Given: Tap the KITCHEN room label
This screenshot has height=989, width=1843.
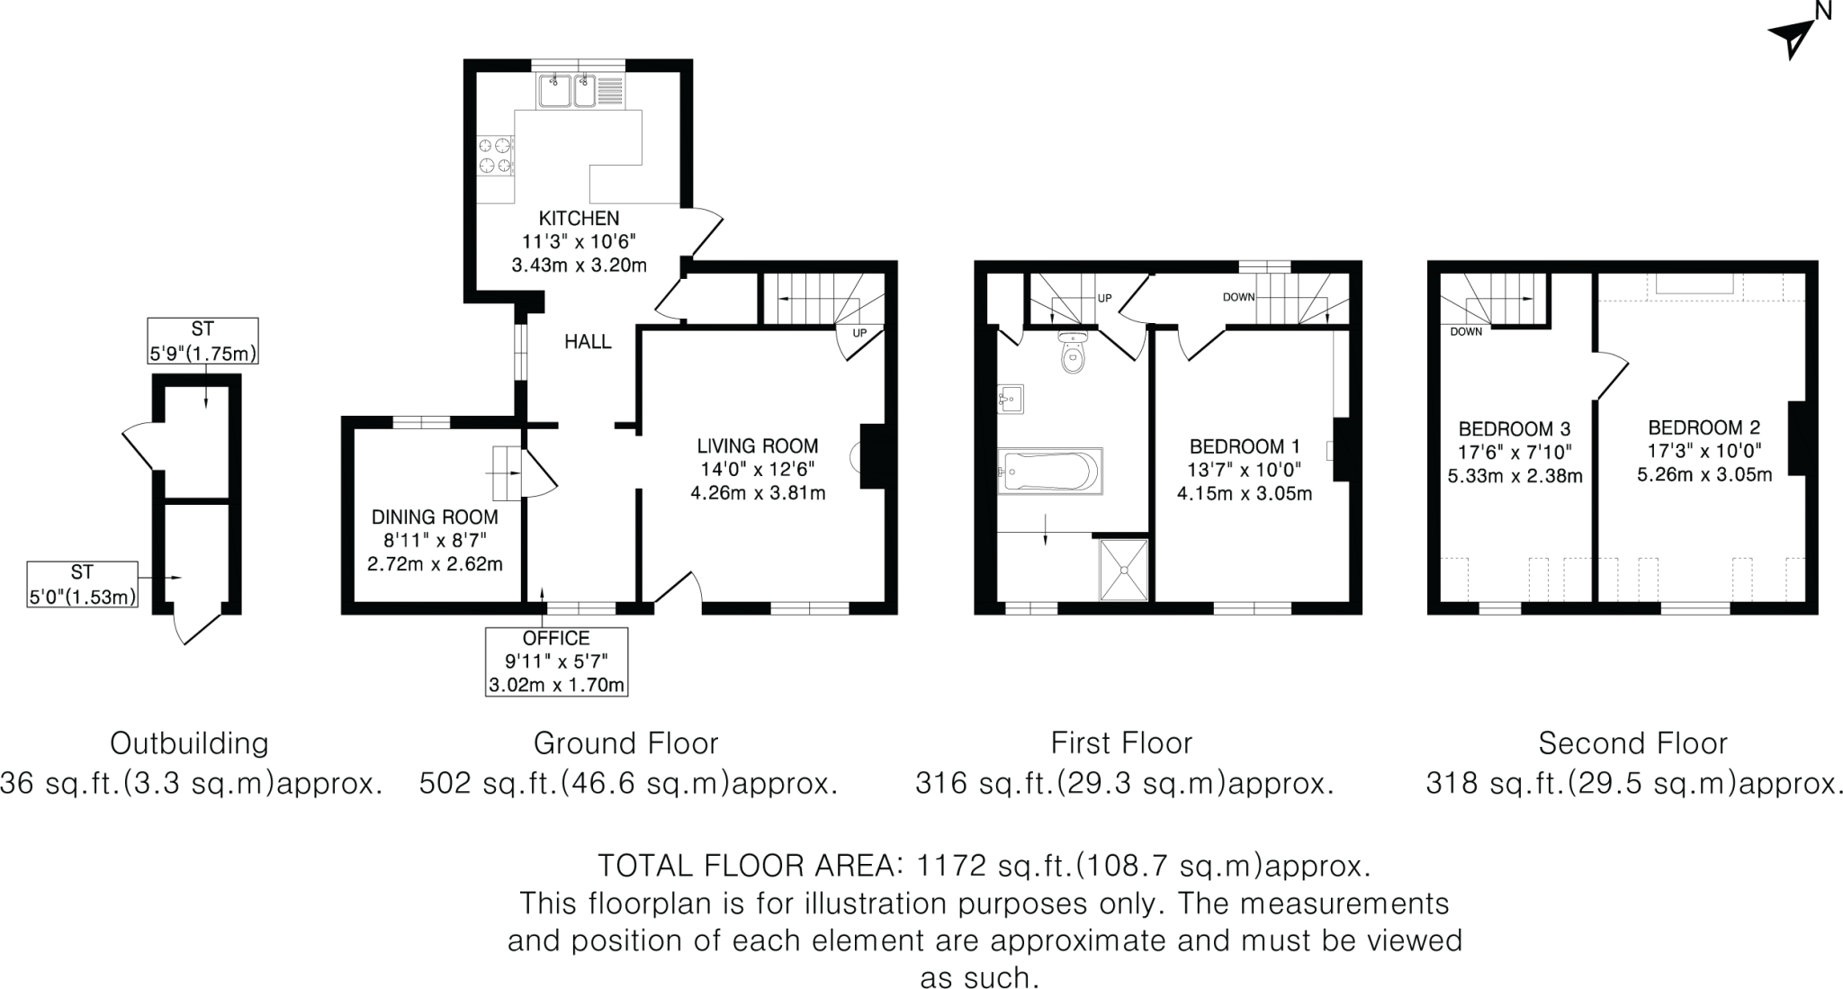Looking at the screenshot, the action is pyautogui.click(x=579, y=218).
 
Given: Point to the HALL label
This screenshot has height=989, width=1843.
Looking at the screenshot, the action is pyautogui.click(x=588, y=341).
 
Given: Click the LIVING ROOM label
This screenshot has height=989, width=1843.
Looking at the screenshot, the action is pyautogui.click(x=758, y=445).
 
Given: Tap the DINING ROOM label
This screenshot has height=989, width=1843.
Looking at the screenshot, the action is pyautogui.click(x=435, y=517).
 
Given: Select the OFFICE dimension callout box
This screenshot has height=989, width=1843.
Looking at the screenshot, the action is pyautogui.click(x=556, y=661).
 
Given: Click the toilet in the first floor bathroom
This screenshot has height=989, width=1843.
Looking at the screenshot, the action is pyautogui.click(x=1074, y=352).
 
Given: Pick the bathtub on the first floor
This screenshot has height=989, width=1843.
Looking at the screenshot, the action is pyautogui.click(x=1049, y=470).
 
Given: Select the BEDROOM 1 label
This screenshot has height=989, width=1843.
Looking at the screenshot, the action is pyautogui.click(x=1245, y=446).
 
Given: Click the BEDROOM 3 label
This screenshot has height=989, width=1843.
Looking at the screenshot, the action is pyautogui.click(x=1515, y=428).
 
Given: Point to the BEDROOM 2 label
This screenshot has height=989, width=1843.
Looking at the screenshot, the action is pyautogui.click(x=1704, y=427).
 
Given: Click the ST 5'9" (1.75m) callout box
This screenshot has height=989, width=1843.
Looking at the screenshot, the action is pyautogui.click(x=202, y=341).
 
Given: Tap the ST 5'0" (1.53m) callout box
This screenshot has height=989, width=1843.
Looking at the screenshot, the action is pyautogui.click(x=82, y=584).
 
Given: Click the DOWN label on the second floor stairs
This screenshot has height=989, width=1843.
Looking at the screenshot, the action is pyautogui.click(x=1466, y=332).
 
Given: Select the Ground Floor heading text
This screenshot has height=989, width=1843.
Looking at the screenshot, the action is pyautogui.click(x=625, y=743).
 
